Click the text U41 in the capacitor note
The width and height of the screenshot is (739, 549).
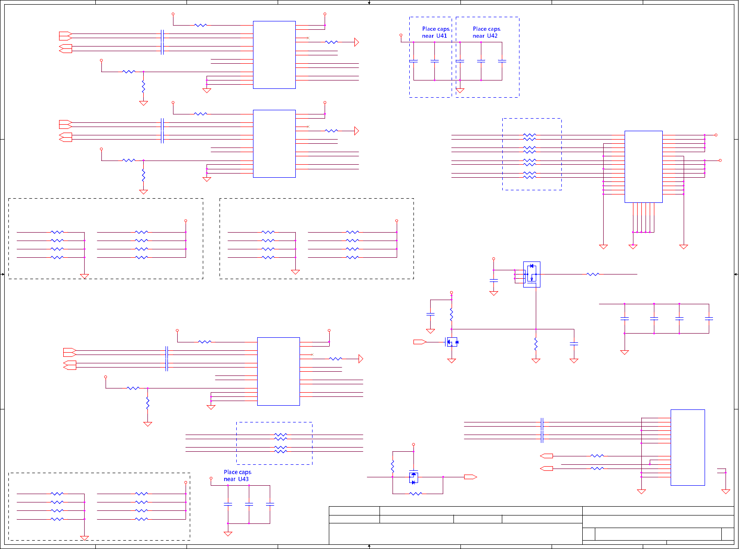pyautogui.click(x=441, y=36)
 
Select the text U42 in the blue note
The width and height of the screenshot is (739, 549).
pyautogui.click(x=492, y=36)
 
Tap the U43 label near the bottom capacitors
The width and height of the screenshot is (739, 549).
pyautogui.click(x=243, y=479)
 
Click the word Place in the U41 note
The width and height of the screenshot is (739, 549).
pyautogui.click(x=429, y=29)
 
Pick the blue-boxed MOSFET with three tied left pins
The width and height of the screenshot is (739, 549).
pyautogui.click(x=532, y=274)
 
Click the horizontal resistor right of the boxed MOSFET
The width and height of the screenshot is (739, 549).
pyautogui.click(x=593, y=274)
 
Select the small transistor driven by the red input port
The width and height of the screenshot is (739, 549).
pyautogui.click(x=452, y=342)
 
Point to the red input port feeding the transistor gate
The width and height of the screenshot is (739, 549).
pyautogui.click(x=419, y=342)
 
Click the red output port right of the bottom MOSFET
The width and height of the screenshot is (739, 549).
pyautogui.click(x=470, y=477)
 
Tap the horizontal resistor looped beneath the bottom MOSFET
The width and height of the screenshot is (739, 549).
pyautogui.click(x=416, y=494)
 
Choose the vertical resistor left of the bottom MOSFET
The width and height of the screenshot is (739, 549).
pyautogui.click(x=393, y=466)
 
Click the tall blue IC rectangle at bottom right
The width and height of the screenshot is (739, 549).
pyautogui.click(x=687, y=447)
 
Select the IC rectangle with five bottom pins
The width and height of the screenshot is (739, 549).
pyautogui.click(x=643, y=167)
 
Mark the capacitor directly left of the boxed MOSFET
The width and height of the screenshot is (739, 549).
pyautogui.click(x=494, y=281)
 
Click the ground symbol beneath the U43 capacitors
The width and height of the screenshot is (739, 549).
pyautogui.click(x=228, y=534)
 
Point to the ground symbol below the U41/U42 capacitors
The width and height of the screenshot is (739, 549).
pyautogui.click(x=460, y=91)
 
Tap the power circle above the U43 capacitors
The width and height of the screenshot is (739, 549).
pyautogui.click(x=211, y=478)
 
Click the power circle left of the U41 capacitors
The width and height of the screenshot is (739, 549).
pyautogui.click(x=401, y=35)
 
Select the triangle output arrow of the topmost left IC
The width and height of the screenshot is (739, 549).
pyautogui.click(x=357, y=42)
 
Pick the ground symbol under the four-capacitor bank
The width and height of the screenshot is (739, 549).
pyautogui.click(x=625, y=353)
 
